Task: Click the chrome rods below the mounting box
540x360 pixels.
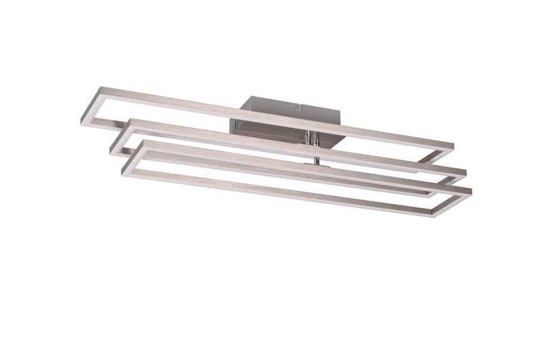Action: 309,138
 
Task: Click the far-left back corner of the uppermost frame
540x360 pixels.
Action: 101,89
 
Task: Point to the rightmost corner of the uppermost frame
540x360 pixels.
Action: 453,146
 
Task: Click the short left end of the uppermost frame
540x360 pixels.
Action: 92,106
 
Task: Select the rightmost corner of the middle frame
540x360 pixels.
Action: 466,170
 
